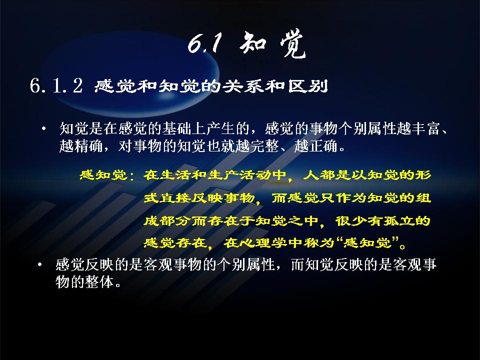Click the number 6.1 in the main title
204,43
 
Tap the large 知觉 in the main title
273,44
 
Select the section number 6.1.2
56,85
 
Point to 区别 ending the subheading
307,86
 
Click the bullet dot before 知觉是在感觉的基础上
44,128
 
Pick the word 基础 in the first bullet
176,128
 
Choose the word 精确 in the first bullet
89,146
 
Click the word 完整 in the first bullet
265,146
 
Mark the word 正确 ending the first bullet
323,146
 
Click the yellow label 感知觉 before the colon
103,175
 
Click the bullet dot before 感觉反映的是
40,264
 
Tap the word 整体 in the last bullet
99,281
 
